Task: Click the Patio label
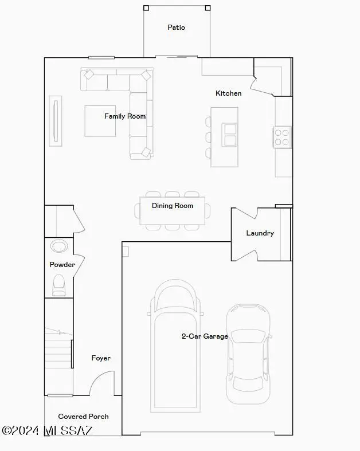tap(176, 27)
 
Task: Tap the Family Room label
tap(125, 116)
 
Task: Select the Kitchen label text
tap(228, 93)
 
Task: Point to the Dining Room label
tap(172, 206)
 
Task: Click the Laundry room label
tap(260, 233)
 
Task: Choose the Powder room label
tap(62, 265)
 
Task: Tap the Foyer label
tap(101, 358)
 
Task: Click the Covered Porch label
tap(83, 417)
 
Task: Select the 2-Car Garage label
tap(205, 336)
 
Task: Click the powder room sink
tap(59, 246)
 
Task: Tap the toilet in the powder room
tap(59, 284)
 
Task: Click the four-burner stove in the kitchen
tap(282, 137)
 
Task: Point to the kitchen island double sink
tap(230, 135)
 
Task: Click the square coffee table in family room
tap(100, 121)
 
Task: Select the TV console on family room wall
tap(56, 119)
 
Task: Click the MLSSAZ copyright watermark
tap(47, 430)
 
